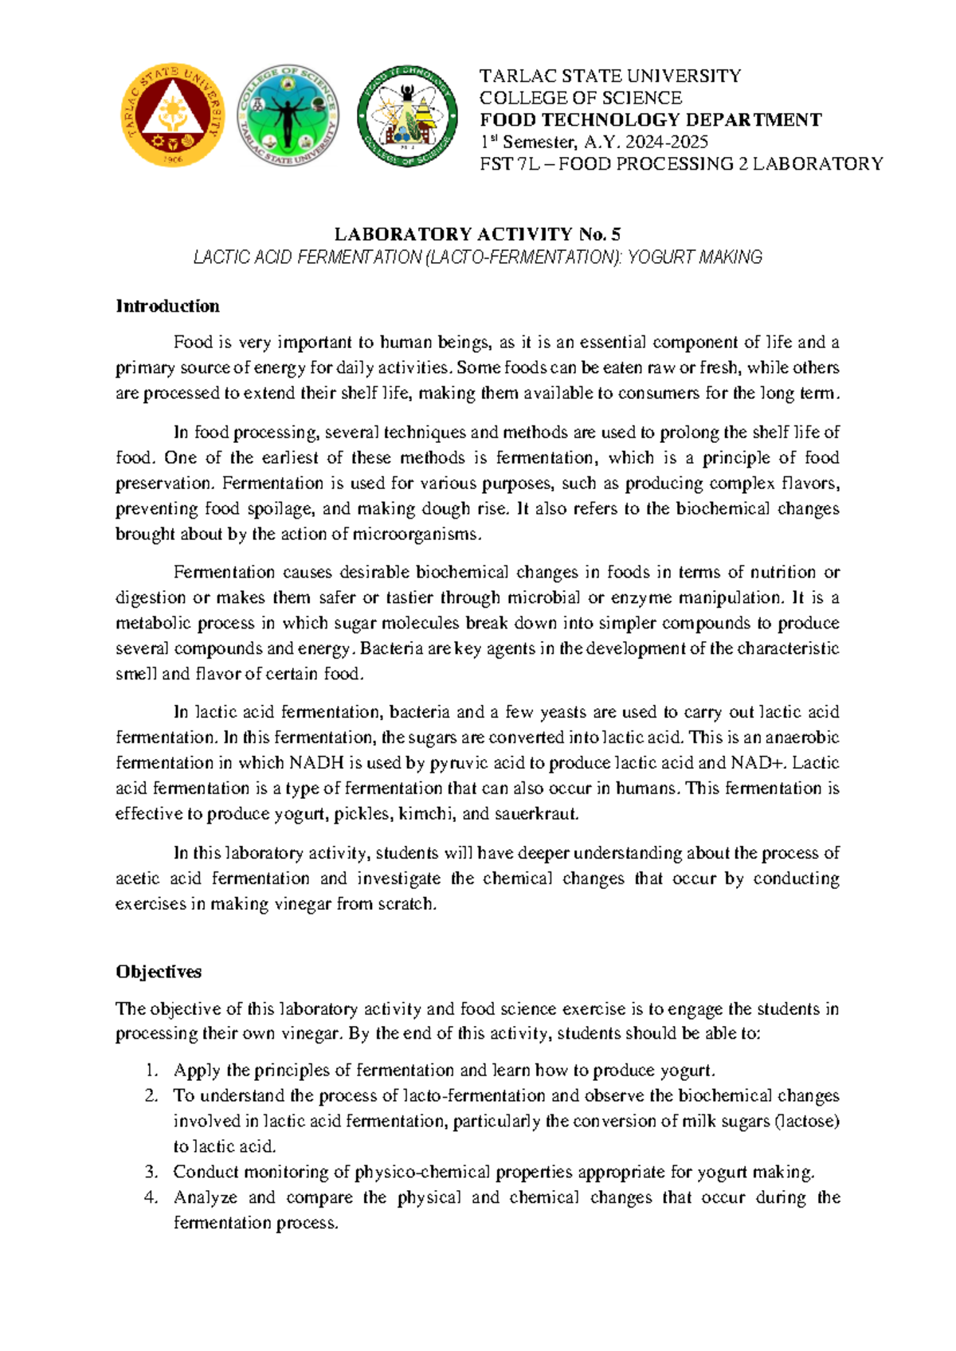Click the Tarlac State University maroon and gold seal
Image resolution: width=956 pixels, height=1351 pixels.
pyautogui.click(x=172, y=116)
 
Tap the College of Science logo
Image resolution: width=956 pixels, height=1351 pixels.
pyautogui.click(x=288, y=116)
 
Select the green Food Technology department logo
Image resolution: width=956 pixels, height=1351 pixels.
pyautogui.click(x=407, y=116)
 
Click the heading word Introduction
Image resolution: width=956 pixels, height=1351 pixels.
pyautogui.click(x=167, y=306)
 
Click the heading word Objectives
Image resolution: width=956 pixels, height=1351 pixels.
pyautogui.click(x=159, y=971)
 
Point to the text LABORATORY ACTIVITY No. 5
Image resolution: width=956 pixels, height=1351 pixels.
pyautogui.click(x=477, y=233)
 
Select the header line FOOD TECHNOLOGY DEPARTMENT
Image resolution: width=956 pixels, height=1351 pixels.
pyautogui.click(x=649, y=119)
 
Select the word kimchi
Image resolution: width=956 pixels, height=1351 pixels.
pyautogui.click(x=426, y=813)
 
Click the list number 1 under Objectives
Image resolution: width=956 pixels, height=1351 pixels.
pyautogui.click(x=151, y=1070)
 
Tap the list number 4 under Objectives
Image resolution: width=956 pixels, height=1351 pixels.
pyautogui.click(x=151, y=1197)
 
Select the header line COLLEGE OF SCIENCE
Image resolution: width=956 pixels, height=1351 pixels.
pyautogui.click(x=580, y=98)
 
